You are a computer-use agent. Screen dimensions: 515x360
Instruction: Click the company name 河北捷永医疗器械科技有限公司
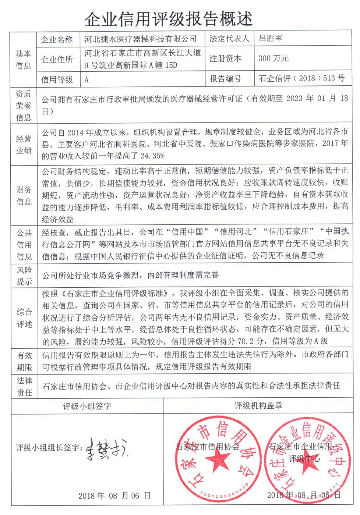(x=140, y=39)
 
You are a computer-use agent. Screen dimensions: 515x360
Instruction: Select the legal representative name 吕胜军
(x=271, y=38)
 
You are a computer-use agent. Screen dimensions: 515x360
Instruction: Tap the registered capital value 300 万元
(x=273, y=58)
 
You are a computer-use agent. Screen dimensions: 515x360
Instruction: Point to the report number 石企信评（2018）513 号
(x=302, y=78)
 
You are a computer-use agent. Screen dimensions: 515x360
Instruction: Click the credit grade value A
(x=87, y=79)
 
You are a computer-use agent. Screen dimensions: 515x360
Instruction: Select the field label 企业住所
(x=57, y=59)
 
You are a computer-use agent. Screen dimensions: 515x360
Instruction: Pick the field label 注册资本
(x=225, y=58)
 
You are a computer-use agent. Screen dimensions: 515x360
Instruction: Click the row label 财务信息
(x=24, y=195)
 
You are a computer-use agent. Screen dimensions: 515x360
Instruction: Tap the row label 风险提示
(x=24, y=276)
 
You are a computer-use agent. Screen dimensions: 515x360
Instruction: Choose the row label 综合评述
(x=24, y=318)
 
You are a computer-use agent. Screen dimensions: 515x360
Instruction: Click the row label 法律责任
(x=24, y=386)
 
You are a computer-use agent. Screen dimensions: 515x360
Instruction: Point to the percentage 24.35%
(x=152, y=156)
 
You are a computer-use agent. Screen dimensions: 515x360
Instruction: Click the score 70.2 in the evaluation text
(x=246, y=341)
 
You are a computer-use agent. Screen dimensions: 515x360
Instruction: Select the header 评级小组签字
(x=87, y=406)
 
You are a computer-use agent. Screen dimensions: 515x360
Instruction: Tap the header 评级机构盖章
(x=258, y=405)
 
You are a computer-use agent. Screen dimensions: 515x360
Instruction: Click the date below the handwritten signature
(x=114, y=496)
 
